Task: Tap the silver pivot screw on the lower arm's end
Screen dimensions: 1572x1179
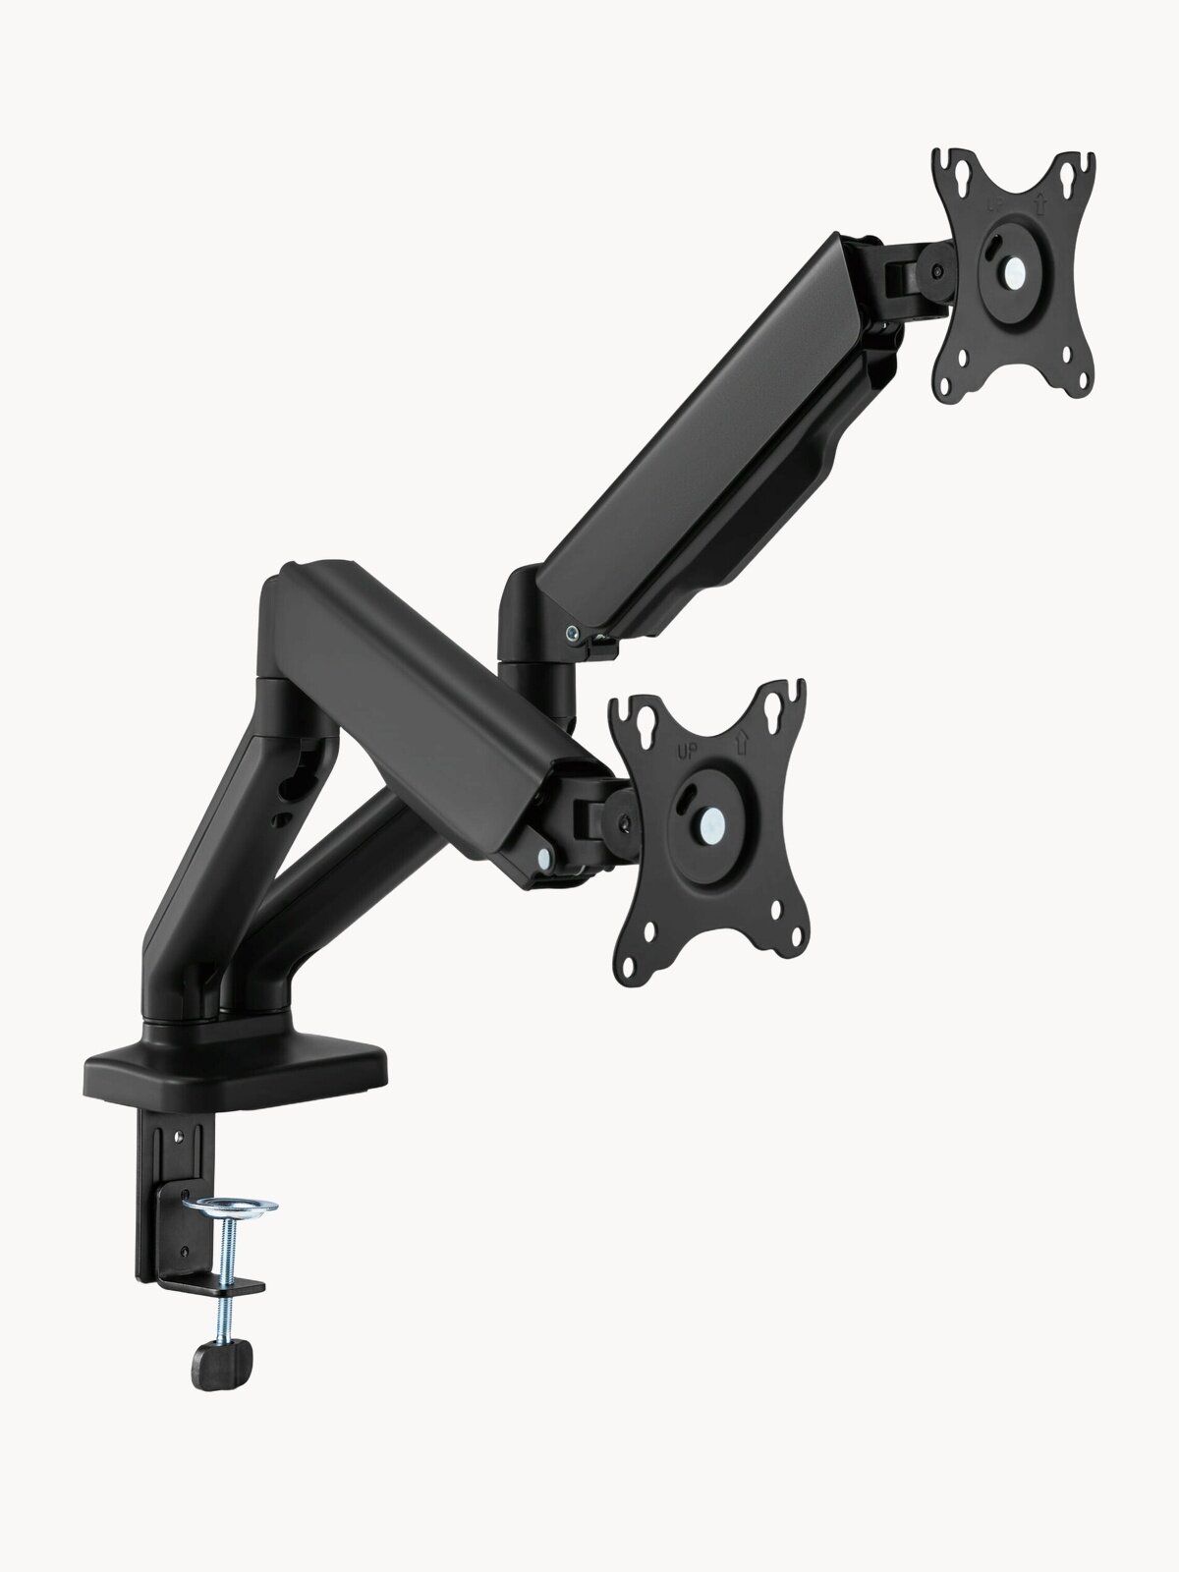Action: pos(541,856)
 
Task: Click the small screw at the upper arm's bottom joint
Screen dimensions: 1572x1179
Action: pos(570,634)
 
